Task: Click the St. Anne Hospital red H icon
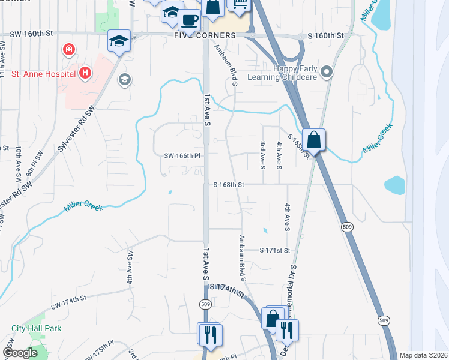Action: click(86, 74)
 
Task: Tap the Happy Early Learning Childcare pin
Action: click(327, 73)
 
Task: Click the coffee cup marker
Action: click(190, 20)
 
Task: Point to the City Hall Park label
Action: click(36, 328)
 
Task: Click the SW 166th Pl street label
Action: click(182, 156)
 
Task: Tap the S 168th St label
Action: click(229, 185)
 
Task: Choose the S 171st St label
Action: click(275, 250)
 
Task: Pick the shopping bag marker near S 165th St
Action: click(313, 140)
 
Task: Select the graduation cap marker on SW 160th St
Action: click(118, 41)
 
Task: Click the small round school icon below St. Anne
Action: click(125, 79)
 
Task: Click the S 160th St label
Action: click(328, 36)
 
